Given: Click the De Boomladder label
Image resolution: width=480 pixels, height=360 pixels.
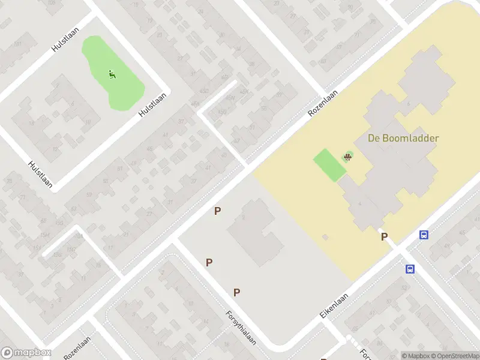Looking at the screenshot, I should click(x=403, y=138).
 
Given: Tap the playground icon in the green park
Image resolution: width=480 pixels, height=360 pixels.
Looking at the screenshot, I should click(x=112, y=74).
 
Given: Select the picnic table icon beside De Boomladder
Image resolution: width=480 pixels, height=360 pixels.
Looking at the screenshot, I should click(x=347, y=157).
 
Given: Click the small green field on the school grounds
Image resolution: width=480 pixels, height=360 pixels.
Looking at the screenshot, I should click(x=329, y=164).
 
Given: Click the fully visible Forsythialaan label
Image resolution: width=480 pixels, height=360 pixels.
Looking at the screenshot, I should click(x=241, y=328).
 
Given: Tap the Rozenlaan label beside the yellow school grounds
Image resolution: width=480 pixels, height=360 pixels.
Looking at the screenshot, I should click(x=323, y=103).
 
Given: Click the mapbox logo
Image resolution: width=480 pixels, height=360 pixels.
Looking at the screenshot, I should click(x=26, y=353).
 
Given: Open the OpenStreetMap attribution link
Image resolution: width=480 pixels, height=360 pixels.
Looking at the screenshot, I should click(x=455, y=355).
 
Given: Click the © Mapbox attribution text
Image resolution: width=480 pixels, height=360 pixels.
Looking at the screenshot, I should click(x=415, y=355).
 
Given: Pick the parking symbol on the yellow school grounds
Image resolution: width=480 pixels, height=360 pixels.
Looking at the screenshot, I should click(x=384, y=237).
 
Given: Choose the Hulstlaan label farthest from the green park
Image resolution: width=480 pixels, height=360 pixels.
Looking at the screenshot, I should click(x=40, y=175).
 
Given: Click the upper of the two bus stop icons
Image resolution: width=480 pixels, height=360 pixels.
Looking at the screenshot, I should click(x=424, y=235).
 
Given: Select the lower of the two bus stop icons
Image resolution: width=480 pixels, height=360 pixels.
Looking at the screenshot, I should click(x=410, y=269).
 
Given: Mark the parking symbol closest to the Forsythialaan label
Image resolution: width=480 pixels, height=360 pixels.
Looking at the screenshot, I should click(x=237, y=292).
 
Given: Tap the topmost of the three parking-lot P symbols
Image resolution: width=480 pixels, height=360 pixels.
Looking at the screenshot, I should click(x=218, y=211).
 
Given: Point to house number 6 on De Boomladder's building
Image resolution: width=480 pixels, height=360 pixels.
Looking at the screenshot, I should click(x=409, y=103).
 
